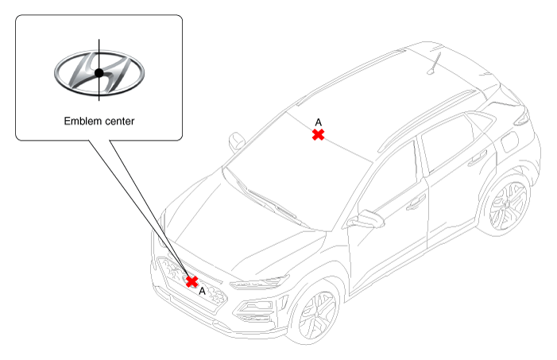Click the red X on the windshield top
click(318, 134)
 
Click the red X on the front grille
click(192, 281)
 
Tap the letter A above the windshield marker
click(319, 122)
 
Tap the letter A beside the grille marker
click(202, 291)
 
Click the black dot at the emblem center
click(99, 73)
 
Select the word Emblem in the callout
click(82, 121)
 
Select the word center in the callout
click(118, 122)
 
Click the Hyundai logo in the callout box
click(99, 73)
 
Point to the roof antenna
click(434, 64)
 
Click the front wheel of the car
click(317, 313)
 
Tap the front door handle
click(416, 203)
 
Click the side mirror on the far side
click(237, 141)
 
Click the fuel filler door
click(509, 141)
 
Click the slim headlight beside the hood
click(259, 283)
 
